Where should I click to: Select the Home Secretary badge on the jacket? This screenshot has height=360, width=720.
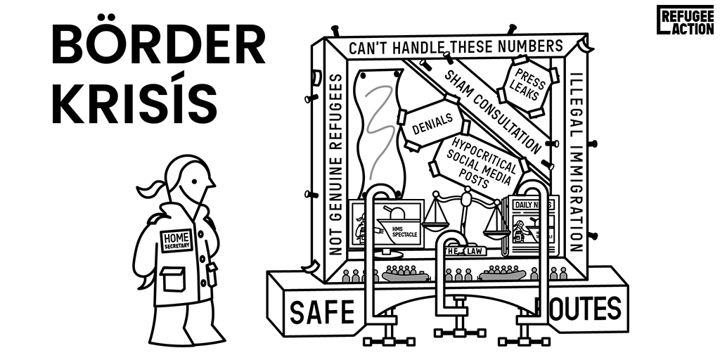[x=176, y=240]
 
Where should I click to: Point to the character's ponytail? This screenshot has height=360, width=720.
[x=153, y=188]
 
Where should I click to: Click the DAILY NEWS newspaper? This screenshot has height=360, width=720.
[x=532, y=227]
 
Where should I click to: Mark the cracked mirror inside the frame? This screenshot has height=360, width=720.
[x=380, y=134]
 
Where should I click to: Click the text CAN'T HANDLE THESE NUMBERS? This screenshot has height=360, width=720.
[x=456, y=47]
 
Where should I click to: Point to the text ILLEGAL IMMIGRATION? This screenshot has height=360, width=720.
[x=577, y=162]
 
